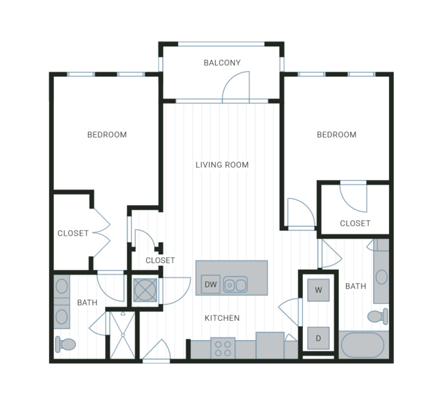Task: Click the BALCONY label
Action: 222,63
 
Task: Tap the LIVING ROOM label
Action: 222,165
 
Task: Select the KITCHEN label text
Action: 222,318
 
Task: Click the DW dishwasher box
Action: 210,284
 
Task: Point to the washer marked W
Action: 319,290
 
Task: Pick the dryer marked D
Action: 319,338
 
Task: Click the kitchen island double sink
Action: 235,284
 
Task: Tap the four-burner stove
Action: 222,348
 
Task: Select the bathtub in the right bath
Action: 362,345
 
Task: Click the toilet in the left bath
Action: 66,344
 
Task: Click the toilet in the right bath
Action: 377,316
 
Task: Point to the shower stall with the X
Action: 123,335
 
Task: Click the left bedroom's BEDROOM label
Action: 107,135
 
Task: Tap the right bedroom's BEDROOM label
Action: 336,135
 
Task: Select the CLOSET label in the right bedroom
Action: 355,224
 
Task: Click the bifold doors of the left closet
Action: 102,233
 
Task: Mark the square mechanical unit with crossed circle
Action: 145,290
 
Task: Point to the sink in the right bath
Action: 381,277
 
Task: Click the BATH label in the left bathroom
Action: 87,303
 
